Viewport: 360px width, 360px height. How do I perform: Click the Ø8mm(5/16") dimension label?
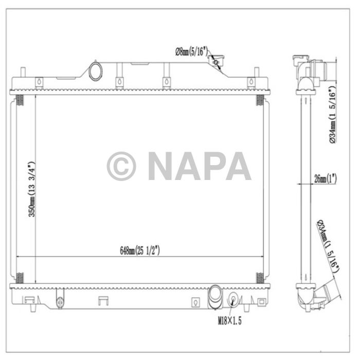pyautogui.click(x=191, y=51)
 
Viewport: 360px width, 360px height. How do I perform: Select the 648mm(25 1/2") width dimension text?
pyautogui.click(x=140, y=250)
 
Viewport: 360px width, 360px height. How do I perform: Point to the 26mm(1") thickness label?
pyautogui.click(x=325, y=179)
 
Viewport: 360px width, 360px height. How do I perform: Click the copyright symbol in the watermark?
pyautogui.click(x=121, y=166)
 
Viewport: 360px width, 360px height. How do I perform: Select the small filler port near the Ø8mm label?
pyautogui.click(x=214, y=62)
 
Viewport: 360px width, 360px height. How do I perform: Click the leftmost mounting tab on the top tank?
pyautogui.click(x=39, y=82)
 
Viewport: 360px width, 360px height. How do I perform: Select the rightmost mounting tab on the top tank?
pyautogui.click(x=250, y=82)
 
